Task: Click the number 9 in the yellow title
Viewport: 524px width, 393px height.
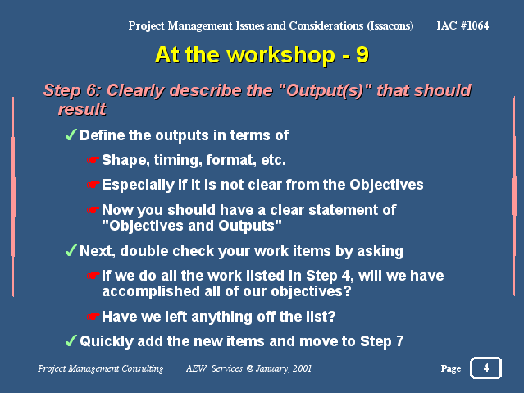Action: coord(362,54)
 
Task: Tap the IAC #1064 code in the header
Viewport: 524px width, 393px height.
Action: coord(462,25)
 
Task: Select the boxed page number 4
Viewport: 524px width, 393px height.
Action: coord(486,368)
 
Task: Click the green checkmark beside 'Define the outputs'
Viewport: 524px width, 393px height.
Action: coord(71,135)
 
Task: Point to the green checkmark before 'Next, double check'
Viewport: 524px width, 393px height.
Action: coord(71,250)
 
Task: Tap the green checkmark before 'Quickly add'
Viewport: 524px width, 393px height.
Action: coord(71,340)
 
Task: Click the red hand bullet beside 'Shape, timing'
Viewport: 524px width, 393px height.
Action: coord(93,160)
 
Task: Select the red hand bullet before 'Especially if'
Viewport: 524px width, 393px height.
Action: coord(93,185)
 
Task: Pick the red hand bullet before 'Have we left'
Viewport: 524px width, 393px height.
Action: coord(93,317)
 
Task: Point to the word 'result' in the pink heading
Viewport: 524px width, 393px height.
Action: coord(82,109)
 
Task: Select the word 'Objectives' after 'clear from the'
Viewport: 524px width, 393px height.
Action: coord(386,185)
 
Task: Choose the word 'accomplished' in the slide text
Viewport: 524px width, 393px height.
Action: coord(150,291)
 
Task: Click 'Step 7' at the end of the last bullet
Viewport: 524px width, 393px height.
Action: coord(381,341)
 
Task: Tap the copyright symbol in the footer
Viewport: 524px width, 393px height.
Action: coord(250,368)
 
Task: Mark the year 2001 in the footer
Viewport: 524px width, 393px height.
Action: coord(302,368)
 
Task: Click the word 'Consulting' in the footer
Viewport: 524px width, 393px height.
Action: coord(143,368)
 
